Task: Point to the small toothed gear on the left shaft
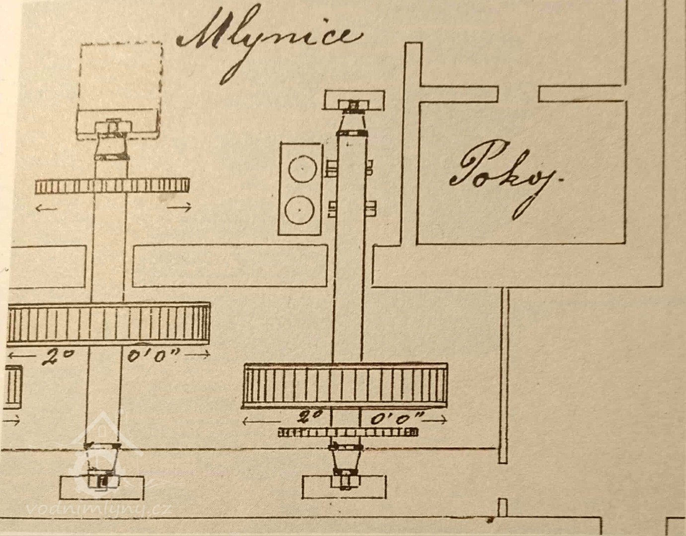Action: point(112,186)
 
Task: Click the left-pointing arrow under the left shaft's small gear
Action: point(46,208)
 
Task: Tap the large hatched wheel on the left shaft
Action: point(108,324)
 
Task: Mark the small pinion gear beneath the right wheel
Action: point(348,432)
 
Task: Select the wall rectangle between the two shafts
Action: point(230,266)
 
